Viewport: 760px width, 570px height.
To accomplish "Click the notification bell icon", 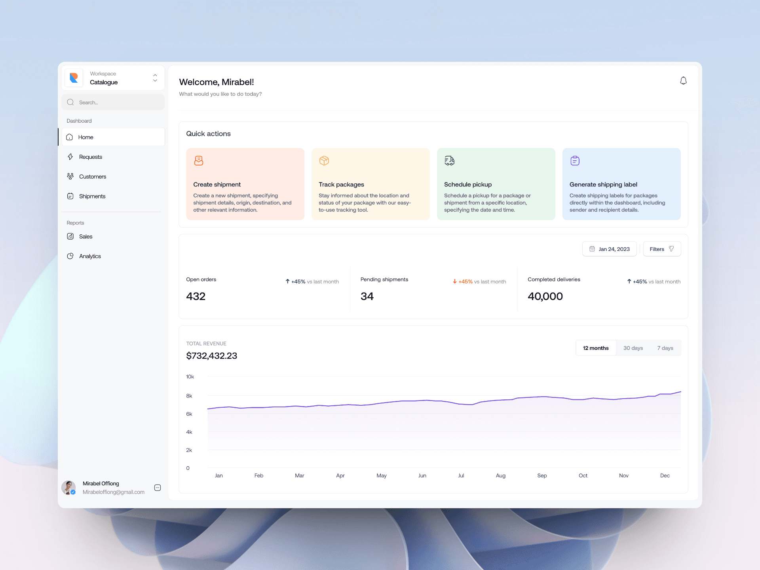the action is [x=683, y=81].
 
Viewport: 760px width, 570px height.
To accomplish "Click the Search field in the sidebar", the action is [x=113, y=102].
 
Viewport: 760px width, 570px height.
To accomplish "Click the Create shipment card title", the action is [x=217, y=184].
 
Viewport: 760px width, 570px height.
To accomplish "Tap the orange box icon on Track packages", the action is [x=324, y=160].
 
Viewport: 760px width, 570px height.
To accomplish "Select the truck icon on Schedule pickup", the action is [x=449, y=160].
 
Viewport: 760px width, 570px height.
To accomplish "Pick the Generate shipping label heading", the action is [x=603, y=184].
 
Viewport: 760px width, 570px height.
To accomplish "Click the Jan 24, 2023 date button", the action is [x=610, y=249].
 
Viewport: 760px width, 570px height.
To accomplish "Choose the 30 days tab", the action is [x=633, y=348].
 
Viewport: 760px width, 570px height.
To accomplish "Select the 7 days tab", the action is [x=665, y=348].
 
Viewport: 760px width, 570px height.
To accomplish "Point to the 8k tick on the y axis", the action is [x=189, y=396].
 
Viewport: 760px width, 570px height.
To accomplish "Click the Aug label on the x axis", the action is [x=500, y=475].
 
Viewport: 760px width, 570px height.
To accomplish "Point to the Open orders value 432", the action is [x=196, y=296].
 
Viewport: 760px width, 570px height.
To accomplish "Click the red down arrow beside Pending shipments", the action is [x=455, y=281].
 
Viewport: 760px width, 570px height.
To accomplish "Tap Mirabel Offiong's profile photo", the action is [x=68, y=488].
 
